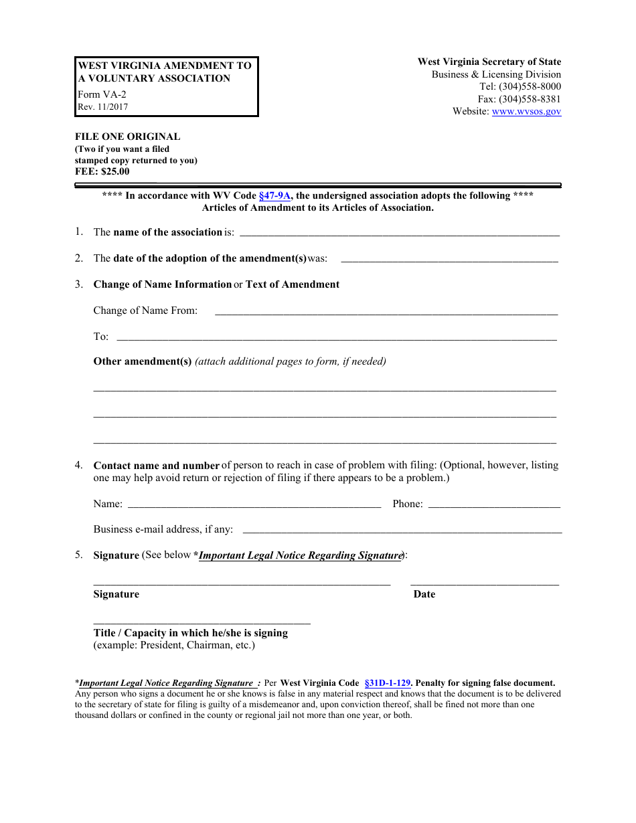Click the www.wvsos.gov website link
coord(526,112)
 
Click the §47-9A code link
coord(274,196)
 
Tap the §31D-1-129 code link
coord(387,683)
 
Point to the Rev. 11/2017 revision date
coord(102,106)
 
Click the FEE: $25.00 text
coord(102,172)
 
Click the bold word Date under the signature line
coord(424,594)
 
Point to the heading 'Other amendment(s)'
coord(143,361)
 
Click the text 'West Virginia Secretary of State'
coord(489,62)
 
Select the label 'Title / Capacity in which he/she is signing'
coord(191,633)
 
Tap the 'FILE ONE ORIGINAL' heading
coord(127,136)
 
